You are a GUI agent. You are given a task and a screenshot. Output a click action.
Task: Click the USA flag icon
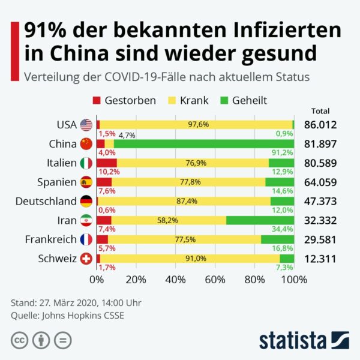click(86, 125)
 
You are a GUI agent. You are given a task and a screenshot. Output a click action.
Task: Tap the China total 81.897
click(320, 144)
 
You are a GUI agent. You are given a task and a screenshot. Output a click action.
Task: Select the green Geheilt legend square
click(227, 100)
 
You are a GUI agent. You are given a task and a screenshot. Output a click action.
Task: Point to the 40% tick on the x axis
click(175, 279)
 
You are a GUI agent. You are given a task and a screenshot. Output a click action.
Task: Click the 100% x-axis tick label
click(294, 279)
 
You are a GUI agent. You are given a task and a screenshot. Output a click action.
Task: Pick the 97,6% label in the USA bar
click(197, 125)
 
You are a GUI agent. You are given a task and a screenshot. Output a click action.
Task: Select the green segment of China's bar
click(203, 144)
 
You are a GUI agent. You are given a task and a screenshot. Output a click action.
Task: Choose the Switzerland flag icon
click(86, 259)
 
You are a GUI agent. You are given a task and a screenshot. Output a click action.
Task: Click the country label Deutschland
click(47, 201)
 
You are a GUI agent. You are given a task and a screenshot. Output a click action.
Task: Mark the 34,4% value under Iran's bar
click(282, 229)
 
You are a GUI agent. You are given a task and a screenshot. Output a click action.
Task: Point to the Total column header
click(321, 111)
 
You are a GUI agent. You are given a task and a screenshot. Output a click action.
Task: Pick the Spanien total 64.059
click(320, 182)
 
